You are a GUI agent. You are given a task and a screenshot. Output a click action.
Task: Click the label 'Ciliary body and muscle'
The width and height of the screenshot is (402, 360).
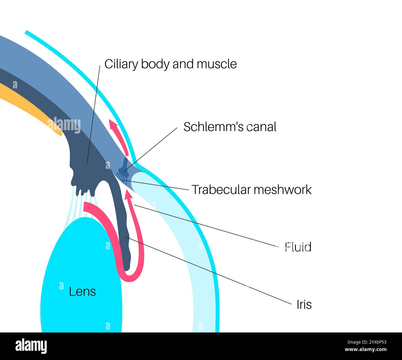pos(170,64)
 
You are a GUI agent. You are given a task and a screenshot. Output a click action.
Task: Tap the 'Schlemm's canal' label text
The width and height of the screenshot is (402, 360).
pos(230,127)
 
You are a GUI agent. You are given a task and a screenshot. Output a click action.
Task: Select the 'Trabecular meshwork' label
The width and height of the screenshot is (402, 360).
pos(251,190)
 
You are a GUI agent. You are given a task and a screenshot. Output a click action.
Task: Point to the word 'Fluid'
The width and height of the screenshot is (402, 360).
pos(298,247)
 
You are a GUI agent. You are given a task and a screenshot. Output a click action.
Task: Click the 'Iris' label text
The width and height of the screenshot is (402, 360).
pos(304,305)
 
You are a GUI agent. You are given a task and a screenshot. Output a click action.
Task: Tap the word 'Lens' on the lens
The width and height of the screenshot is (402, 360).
pos(82,292)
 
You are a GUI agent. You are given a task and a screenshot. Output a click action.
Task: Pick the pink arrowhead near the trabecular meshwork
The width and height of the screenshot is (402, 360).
pos(129,195)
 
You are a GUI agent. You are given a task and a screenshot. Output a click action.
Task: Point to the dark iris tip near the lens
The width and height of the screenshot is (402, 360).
pos(127,264)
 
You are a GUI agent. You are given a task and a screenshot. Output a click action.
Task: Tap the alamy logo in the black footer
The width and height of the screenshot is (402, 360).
pos(31,346)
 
